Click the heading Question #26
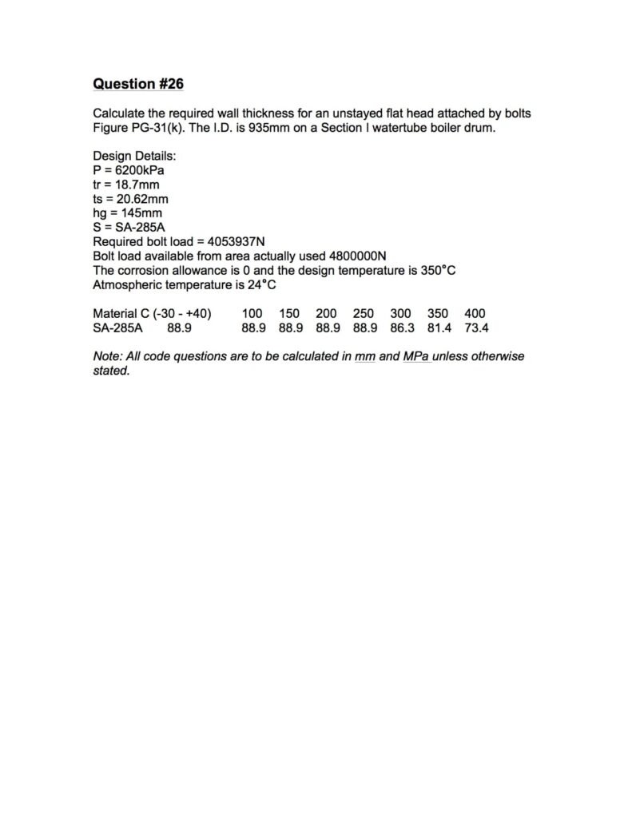(x=138, y=84)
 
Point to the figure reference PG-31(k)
(x=159, y=128)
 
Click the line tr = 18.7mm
(x=126, y=185)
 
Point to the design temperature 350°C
(x=438, y=270)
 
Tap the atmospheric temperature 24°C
(x=260, y=284)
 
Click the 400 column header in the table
(x=475, y=313)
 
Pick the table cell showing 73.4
(x=476, y=328)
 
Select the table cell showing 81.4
(x=439, y=328)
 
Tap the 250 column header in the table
(x=364, y=313)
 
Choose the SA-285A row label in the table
(x=117, y=328)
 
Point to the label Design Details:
(x=134, y=156)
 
